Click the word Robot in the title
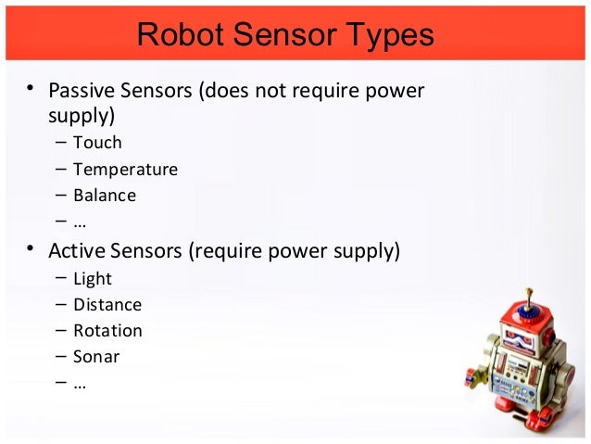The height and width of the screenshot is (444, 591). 176,35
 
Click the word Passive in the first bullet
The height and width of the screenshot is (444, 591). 78,91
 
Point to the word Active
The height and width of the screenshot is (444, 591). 77,251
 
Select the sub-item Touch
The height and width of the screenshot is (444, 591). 97,143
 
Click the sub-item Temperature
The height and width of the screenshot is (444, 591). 125,170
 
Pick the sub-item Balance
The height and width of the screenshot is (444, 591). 104,196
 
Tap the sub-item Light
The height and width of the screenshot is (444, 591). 93,279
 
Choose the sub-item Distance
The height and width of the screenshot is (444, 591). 107,305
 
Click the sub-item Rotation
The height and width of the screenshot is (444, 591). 107,331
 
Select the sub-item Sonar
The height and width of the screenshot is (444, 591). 96,357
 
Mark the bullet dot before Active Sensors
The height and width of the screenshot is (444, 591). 31,250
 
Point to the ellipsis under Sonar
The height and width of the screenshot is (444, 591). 80,384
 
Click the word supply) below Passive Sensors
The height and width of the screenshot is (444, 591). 81,116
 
